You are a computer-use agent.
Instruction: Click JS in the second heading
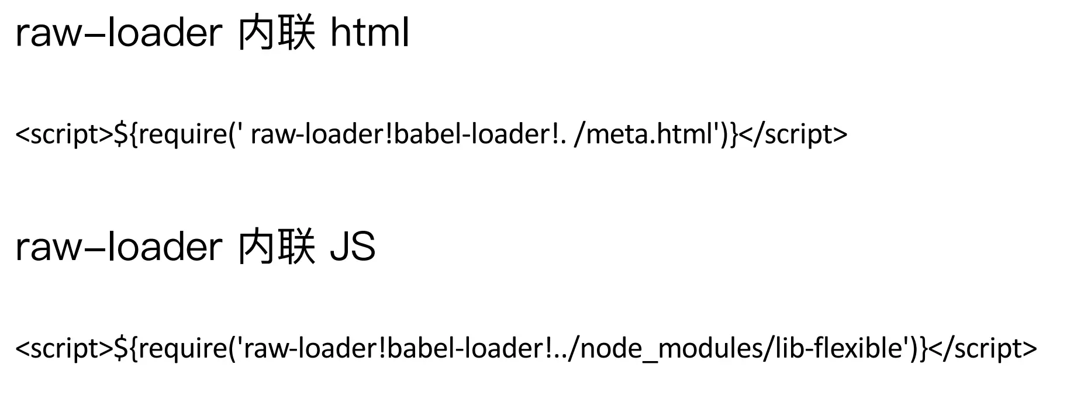[x=353, y=246]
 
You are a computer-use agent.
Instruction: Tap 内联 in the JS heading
[x=276, y=246]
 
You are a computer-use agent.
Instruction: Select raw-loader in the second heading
[x=119, y=246]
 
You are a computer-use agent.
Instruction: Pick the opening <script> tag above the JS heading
[x=64, y=134]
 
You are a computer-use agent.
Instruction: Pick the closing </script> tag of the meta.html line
[x=793, y=134]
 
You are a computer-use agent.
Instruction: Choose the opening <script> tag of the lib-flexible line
[x=64, y=348]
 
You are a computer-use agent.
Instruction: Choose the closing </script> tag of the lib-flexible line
[x=983, y=348]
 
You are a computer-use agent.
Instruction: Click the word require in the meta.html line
[x=182, y=134]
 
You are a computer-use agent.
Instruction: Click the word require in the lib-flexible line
[x=182, y=348]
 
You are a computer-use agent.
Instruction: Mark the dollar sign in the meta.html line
[x=120, y=134]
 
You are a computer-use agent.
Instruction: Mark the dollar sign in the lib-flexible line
[x=120, y=348]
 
